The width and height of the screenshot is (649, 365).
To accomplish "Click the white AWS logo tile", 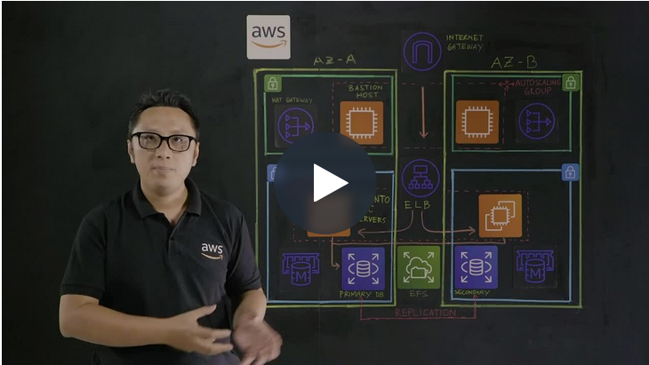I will (x=268, y=36).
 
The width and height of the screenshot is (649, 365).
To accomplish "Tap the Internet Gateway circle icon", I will (x=422, y=51).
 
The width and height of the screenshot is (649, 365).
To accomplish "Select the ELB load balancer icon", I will (x=421, y=178).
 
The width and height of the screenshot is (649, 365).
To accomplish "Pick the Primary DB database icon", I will (x=363, y=267).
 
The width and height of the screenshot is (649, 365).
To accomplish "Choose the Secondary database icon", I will (x=476, y=267).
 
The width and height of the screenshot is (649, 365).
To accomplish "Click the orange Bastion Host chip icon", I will (x=361, y=122).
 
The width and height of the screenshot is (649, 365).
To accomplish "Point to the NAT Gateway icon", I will (x=294, y=124).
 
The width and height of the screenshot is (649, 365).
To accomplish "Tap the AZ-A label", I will (x=335, y=60).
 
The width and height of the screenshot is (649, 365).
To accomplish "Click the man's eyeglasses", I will (x=164, y=140).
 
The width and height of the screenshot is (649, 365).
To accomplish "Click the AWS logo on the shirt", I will (x=212, y=250).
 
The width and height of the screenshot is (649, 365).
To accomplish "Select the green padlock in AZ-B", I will (x=570, y=83).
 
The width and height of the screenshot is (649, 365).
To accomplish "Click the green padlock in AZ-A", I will (x=272, y=83).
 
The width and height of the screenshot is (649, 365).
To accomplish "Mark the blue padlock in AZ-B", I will (x=570, y=172).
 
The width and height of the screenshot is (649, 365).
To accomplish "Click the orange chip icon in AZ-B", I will (x=477, y=122).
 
